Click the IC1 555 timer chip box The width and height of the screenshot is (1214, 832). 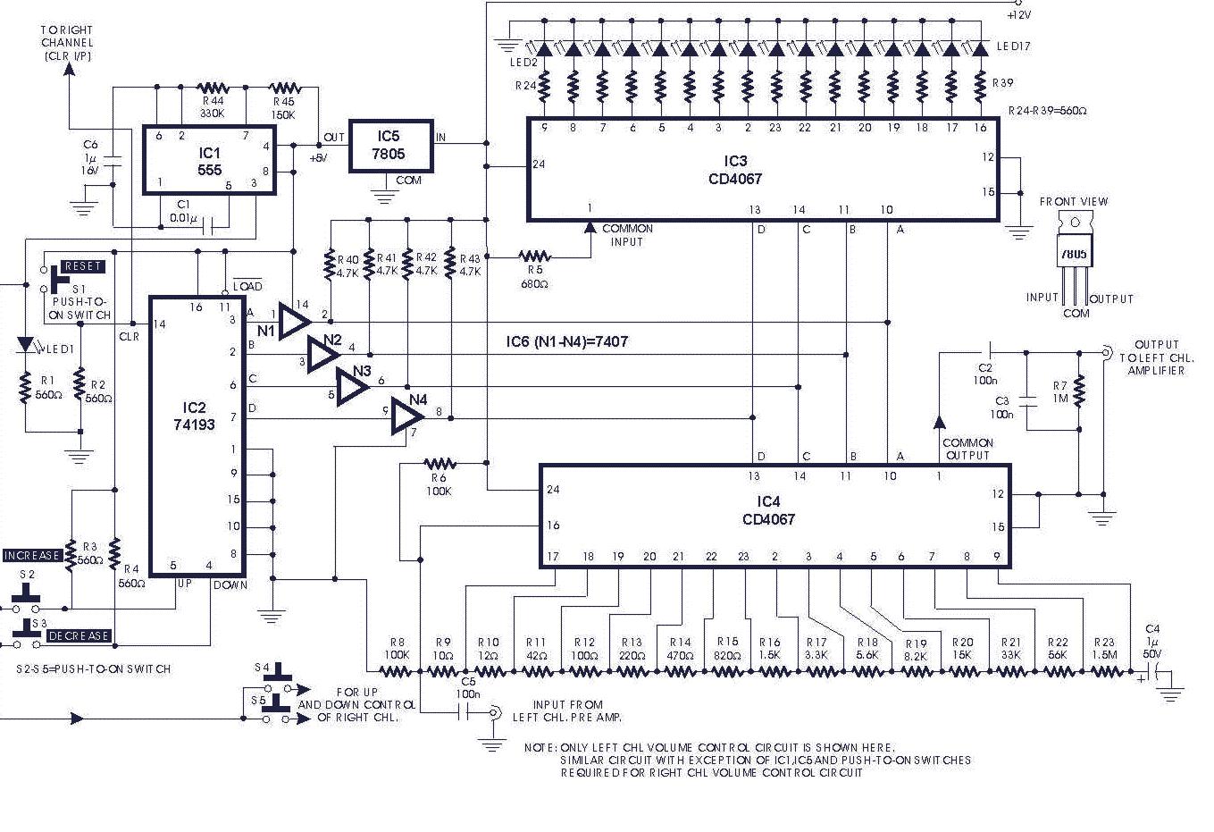click(x=209, y=160)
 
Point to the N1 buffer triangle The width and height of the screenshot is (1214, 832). click(x=293, y=320)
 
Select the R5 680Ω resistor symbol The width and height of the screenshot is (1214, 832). click(x=535, y=256)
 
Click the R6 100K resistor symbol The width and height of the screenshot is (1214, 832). click(x=439, y=464)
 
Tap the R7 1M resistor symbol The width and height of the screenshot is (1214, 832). click(x=1079, y=390)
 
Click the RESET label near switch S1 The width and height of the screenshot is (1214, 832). click(x=83, y=266)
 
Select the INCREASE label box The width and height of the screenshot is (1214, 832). click(x=32, y=556)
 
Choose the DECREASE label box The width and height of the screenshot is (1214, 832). click(x=79, y=636)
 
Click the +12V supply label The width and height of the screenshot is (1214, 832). click(x=1018, y=15)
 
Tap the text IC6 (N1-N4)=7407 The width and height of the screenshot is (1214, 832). click(x=566, y=341)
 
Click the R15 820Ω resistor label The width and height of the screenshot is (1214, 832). click(x=727, y=648)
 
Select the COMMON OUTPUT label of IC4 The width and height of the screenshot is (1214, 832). click(x=967, y=449)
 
